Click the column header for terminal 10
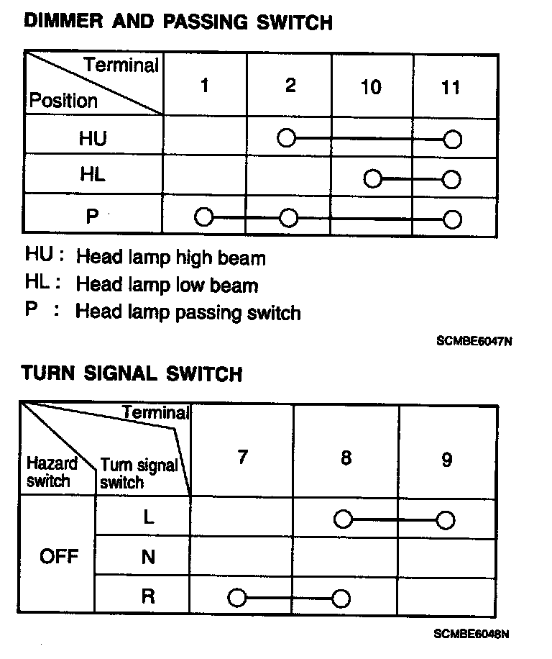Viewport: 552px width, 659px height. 371,88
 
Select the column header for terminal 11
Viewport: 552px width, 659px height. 451,88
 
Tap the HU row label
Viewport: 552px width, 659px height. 92,137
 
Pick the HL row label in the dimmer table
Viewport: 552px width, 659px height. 92,174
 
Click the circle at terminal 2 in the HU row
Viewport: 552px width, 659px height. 287,137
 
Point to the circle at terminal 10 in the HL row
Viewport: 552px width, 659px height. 372,178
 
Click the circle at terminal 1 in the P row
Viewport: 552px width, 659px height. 204,217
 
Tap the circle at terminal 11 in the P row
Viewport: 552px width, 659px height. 452,219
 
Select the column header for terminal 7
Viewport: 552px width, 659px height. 242,457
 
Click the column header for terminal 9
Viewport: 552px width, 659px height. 446,460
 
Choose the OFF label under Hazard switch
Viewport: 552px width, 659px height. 59,557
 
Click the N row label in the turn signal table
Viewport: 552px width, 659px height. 148,557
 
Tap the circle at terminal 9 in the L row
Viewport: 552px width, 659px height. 446,519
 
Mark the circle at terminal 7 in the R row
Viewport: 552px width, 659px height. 236,597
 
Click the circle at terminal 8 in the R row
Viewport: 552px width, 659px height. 341,598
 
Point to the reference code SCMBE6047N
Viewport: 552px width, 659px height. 474,342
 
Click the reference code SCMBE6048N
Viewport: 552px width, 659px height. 472,635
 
